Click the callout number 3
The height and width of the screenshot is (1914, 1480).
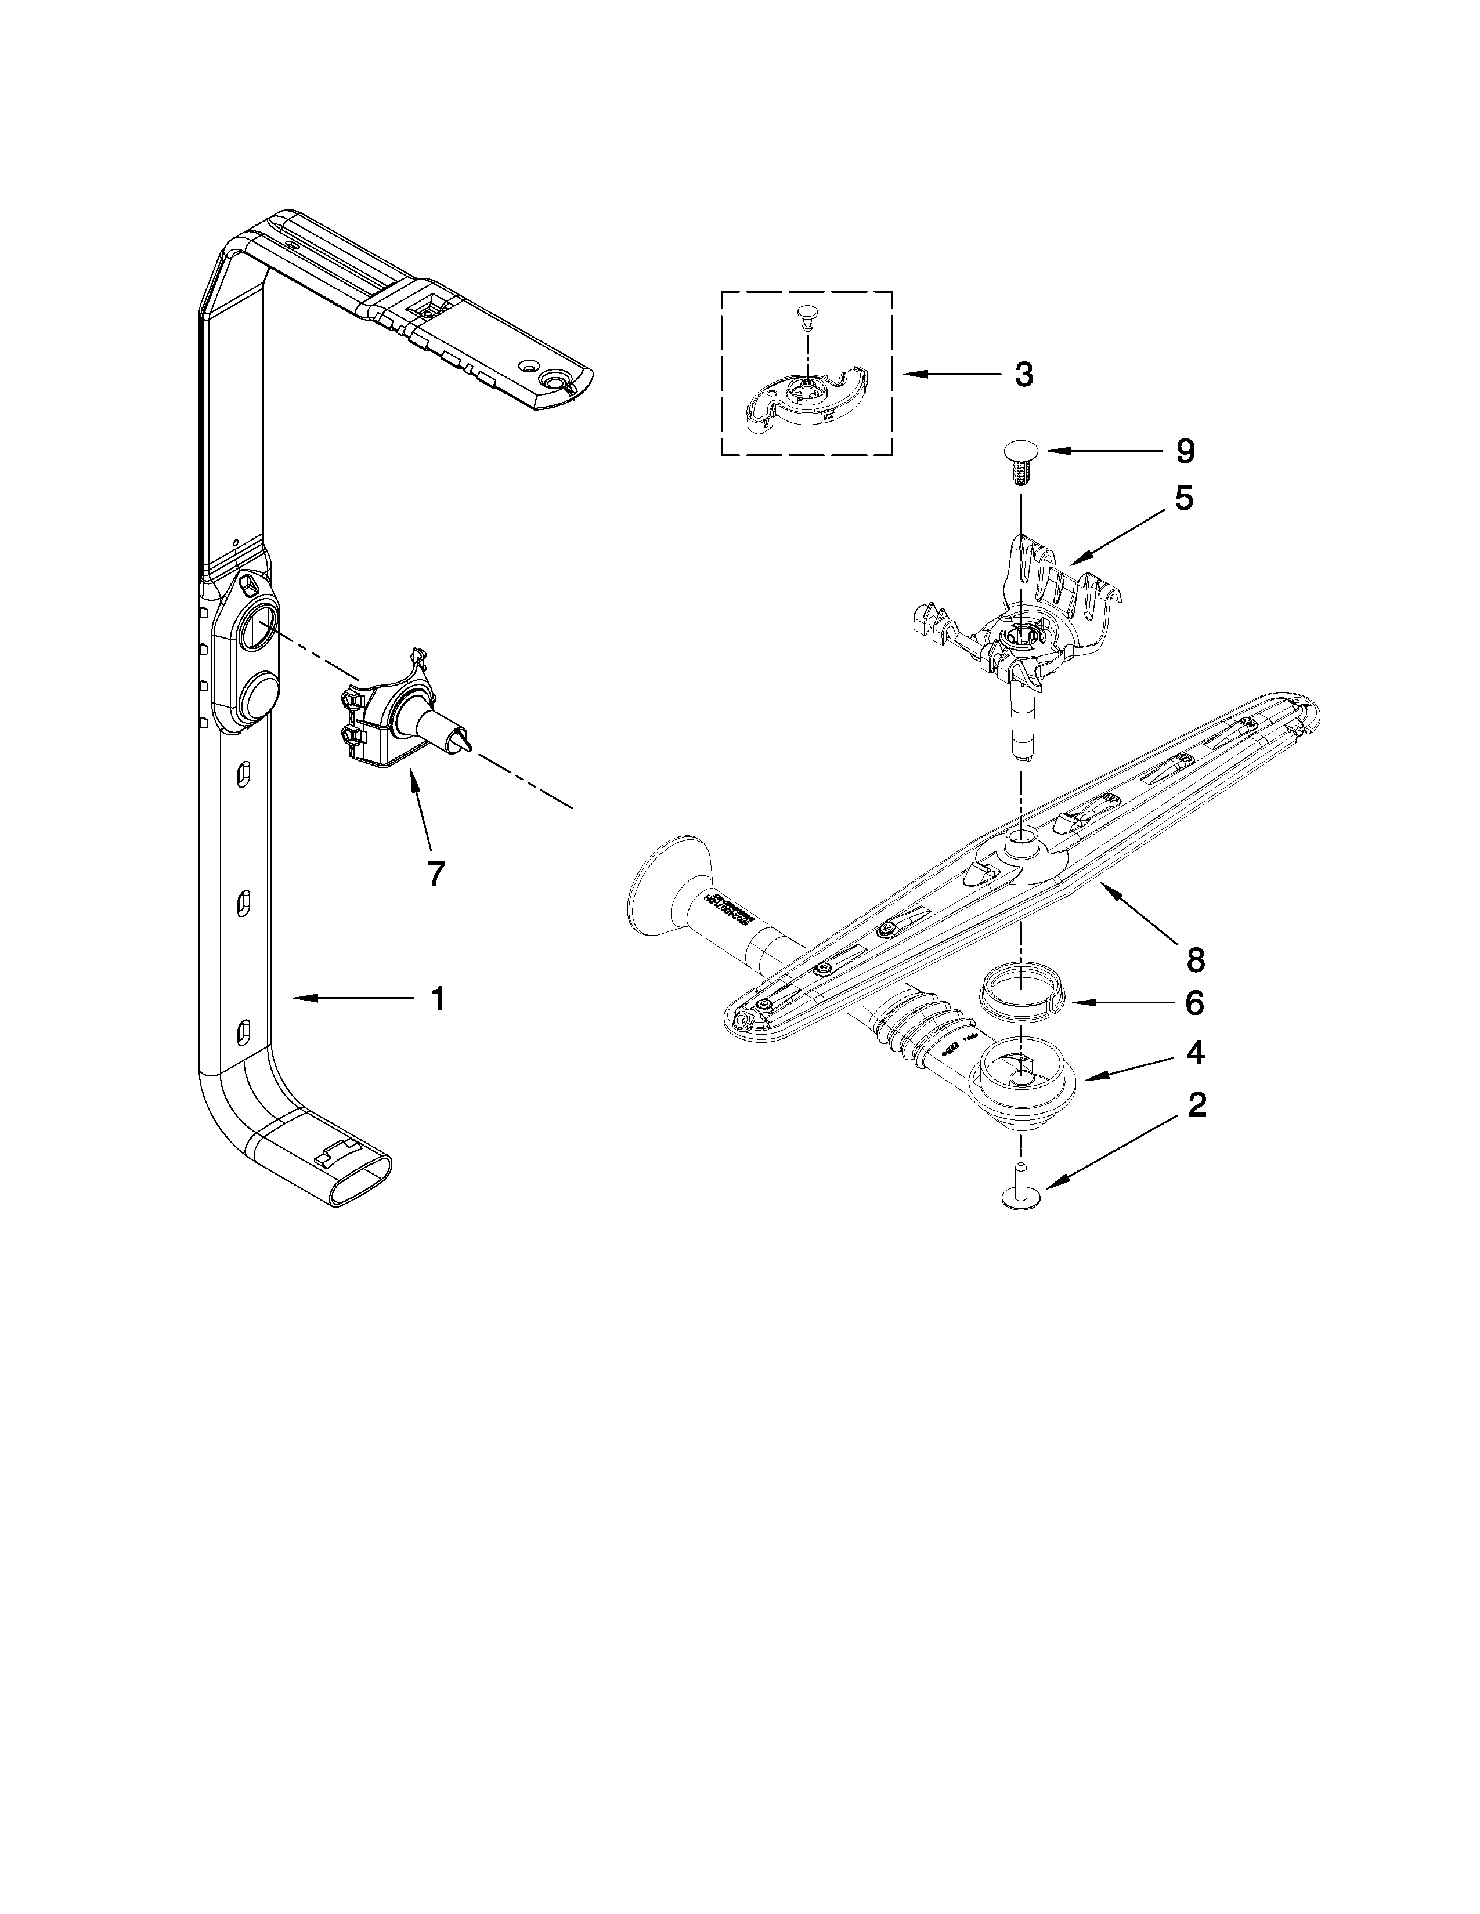click(1024, 375)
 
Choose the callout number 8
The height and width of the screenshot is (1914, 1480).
click(1195, 960)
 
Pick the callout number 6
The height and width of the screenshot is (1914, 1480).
click(1194, 1003)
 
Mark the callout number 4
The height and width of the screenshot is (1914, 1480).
click(1194, 1053)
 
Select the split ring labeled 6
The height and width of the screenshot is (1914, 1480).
click(1020, 998)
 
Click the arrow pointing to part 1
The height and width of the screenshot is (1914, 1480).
click(351, 998)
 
